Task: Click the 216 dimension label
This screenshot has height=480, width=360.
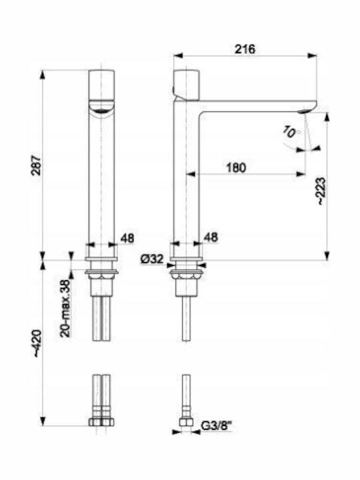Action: tap(245, 49)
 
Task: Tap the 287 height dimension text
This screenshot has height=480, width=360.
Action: tap(37, 165)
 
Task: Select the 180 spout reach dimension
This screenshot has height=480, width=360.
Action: tap(236, 167)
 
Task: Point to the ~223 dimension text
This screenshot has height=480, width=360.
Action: tap(321, 191)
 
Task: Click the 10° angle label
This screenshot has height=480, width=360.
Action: tap(290, 132)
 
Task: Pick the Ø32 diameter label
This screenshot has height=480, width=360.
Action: tap(152, 259)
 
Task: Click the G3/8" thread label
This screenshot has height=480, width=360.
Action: tap(217, 426)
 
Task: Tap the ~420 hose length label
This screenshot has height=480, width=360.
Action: tap(37, 343)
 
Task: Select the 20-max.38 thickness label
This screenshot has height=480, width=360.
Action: tap(65, 308)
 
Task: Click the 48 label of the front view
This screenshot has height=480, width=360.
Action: tap(127, 238)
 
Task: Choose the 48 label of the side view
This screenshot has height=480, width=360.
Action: tap(211, 237)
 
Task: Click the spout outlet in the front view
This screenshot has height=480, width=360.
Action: tap(101, 111)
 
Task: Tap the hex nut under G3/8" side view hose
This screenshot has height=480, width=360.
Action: tap(186, 423)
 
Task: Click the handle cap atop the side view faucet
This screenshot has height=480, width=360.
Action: tap(186, 85)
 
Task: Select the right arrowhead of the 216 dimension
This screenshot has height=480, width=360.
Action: tap(312, 56)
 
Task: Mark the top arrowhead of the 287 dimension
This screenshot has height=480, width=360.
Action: tap(43, 75)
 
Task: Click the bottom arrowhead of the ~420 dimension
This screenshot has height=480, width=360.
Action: tap(43, 421)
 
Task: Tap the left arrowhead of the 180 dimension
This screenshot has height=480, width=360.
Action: tap(191, 174)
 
